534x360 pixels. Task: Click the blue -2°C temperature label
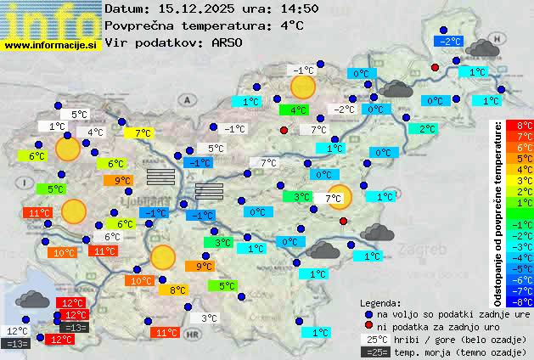click(447, 41)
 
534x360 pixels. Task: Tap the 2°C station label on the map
click(422, 129)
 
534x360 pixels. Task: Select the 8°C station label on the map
click(177, 290)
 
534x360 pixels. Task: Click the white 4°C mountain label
click(94, 132)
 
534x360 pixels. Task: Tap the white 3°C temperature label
click(208, 318)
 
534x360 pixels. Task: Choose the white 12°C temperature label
click(17, 331)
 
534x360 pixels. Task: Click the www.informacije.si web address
click(51, 44)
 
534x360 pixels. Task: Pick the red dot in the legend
click(368, 327)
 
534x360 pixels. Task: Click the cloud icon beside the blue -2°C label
click(481, 47)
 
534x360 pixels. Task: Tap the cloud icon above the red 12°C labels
click(32, 298)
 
